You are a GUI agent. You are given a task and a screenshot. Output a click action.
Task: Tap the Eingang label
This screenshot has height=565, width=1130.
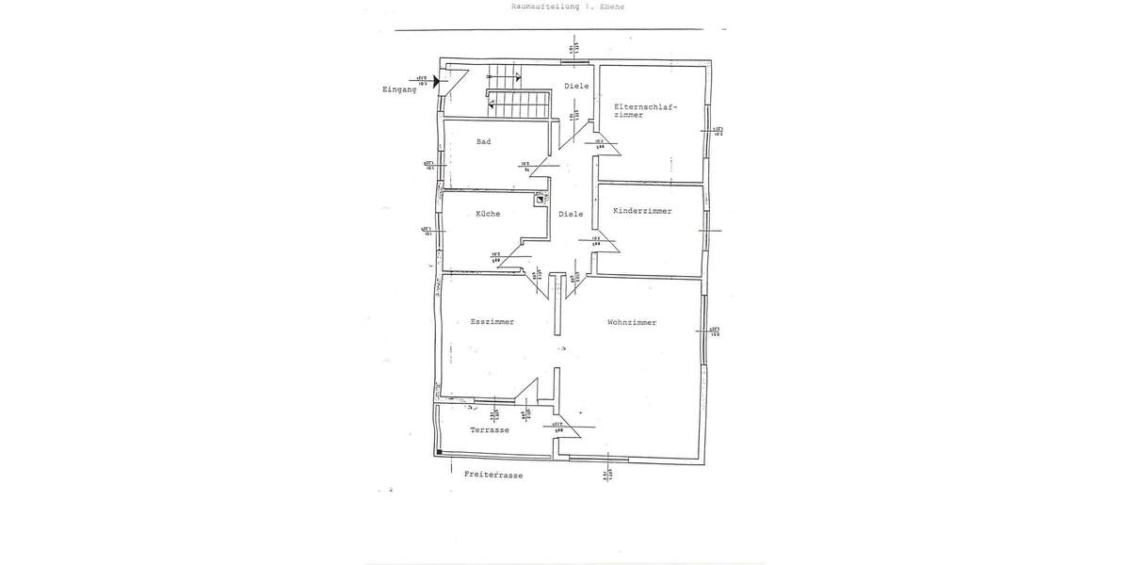[399, 89]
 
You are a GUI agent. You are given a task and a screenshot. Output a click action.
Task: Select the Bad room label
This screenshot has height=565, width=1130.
[484, 142]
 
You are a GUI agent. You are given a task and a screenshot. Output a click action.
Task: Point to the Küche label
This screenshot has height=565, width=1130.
[487, 214]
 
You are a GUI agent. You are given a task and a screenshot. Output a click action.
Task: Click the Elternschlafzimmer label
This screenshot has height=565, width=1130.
[644, 110]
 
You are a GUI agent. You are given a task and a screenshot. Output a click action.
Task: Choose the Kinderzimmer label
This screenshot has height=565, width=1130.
[642, 211]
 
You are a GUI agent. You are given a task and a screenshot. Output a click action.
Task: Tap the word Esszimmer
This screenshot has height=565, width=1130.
[492, 322]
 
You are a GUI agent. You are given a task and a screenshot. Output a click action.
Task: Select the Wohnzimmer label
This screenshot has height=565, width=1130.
[632, 322]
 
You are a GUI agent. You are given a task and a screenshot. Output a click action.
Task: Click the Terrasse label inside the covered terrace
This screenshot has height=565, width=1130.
[489, 429]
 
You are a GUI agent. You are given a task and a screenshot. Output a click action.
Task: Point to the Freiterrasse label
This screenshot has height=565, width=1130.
[493, 476]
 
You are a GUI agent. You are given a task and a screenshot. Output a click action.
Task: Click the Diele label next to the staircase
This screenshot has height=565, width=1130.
[576, 87]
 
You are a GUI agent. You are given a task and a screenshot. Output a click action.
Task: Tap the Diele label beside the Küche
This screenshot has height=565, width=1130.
[571, 214]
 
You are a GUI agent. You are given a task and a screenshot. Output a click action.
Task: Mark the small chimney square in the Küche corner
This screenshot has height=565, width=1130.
[540, 199]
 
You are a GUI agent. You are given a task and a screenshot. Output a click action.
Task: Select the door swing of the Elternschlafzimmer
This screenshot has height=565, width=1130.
[604, 143]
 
